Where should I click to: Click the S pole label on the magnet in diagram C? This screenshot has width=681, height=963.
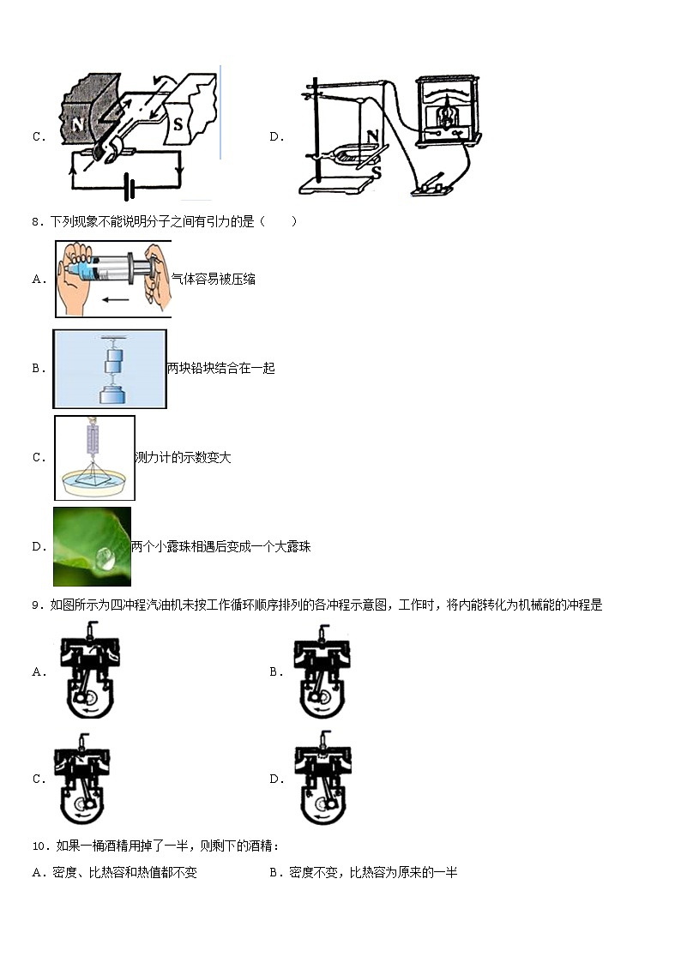[x=178, y=123]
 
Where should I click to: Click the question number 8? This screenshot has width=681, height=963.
[x=37, y=221]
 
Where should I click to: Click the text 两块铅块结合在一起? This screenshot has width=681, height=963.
[x=220, y=368]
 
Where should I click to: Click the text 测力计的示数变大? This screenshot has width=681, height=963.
[x=183, y=457]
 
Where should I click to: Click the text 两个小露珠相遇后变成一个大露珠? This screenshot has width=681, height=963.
[x=220, y=546]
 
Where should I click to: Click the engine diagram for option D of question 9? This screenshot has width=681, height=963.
[x=322, y=779]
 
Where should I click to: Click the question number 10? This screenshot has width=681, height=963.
[x=39, y=846]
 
